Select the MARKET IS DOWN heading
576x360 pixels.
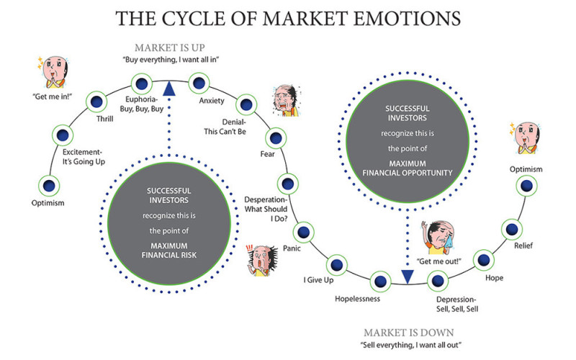(408, 333)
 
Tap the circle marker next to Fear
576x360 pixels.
(275, 137)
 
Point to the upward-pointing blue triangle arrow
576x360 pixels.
(169, 87)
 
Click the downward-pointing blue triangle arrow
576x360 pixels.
(408, 276)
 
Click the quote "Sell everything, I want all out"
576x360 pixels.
(409, 346)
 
